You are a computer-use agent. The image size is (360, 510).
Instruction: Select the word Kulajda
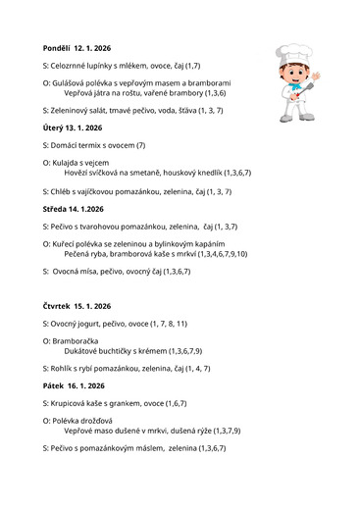69,162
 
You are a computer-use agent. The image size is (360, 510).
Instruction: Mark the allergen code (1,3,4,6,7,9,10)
212,253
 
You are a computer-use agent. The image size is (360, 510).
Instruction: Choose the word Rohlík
64,368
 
